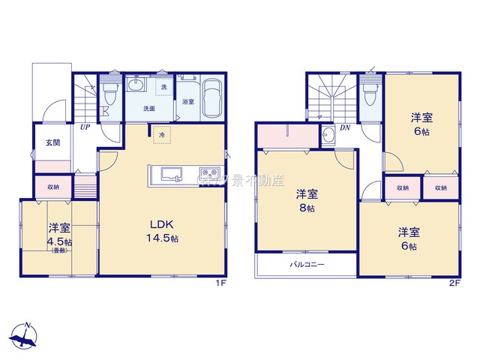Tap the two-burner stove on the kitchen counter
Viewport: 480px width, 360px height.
coord(208,175)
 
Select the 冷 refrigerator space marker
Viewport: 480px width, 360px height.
coord(162,135)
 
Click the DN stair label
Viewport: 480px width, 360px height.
coord(346,127)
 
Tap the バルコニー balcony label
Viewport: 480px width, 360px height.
coord(307,265)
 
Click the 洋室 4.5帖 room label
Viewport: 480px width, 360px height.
coord(59,235)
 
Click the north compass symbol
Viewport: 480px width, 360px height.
coord(26,335)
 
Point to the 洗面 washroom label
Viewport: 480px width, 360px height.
coord(149,109)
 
